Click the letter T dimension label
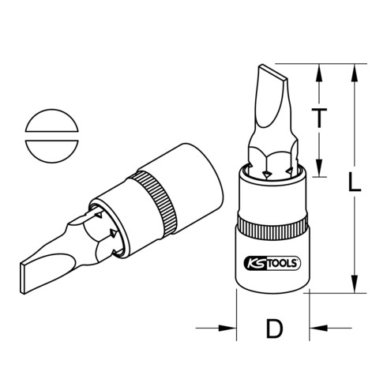[318, 118]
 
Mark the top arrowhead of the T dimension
[319, 70]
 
